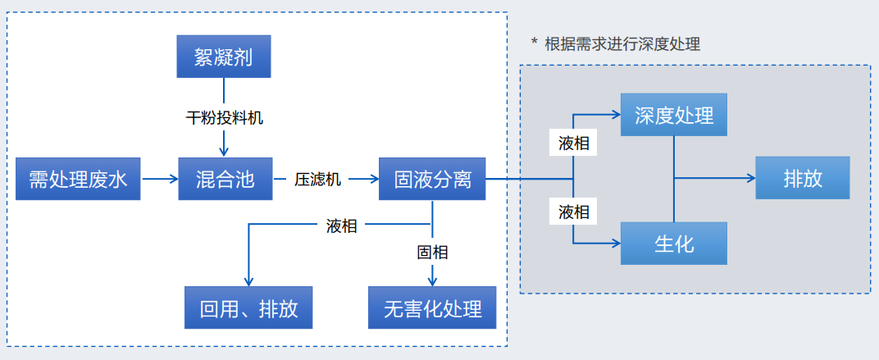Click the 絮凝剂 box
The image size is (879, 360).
pyautogui.click(x=224, y=57)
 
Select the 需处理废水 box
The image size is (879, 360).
pyautogui.click(x=79, y=179)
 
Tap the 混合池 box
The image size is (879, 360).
pyautogui.click(x=225, y=179)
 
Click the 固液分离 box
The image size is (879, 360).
pyautogui.click(x=432, y=179)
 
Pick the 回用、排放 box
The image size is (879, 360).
pyautogui.click(x=248, y=308)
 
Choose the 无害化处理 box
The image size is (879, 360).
pyautogui.click(x=432, y=308)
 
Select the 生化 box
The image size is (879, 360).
pyautogui.click(x=674, y=244)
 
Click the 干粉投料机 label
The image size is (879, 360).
pyautogui.click(x=224, y=117)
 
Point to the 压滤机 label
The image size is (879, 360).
pyautogui.click(x=318, y=179)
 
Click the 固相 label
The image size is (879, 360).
pyautogui.click(x=432, y=252)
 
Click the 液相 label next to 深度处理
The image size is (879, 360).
pyautogui.click(x=573, y=144)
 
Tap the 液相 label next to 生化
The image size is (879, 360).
pyautogui.click(x=573, y=212)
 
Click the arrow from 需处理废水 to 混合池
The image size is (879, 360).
pyautogui.click(x=160, y=179)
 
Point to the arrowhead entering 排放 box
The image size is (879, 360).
pyautogui.click(x=749, y=179)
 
